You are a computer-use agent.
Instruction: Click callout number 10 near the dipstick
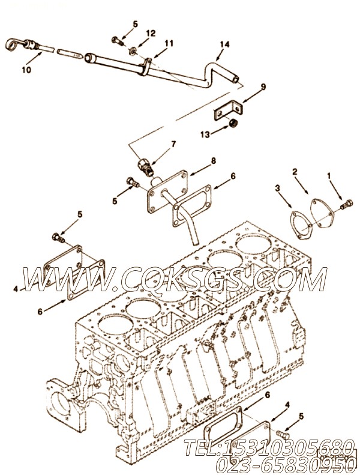coord(26,70)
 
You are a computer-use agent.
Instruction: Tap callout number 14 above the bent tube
coord(224,44)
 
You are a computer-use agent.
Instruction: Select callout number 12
coord(151,33)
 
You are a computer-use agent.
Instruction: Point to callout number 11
coord(169,43)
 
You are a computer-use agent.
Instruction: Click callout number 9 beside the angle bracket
coord(263,87)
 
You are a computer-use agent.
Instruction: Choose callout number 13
coord(205,134)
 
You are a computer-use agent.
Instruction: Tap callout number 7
coord(173,144)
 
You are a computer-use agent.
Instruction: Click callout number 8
coord(214,160)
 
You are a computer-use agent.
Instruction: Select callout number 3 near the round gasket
coord(278,189)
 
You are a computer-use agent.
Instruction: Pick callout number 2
coord(295,172)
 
